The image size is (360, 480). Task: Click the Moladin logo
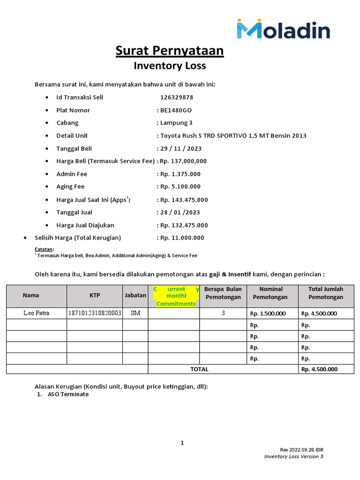283,29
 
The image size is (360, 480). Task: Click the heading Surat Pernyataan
170,51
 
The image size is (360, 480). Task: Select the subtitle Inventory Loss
170,66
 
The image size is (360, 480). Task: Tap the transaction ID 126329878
176,97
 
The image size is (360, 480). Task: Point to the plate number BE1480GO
176,110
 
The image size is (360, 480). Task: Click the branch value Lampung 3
176,123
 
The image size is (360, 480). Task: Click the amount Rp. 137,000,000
183,161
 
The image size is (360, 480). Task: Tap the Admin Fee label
72,174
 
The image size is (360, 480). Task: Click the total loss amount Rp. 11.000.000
182,238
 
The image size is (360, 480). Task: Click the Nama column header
31,295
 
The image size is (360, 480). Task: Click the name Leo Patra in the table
36,313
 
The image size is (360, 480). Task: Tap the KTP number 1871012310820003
95,313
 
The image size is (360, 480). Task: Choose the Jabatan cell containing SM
135,313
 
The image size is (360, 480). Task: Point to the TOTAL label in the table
199,369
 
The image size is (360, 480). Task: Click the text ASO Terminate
68,394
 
